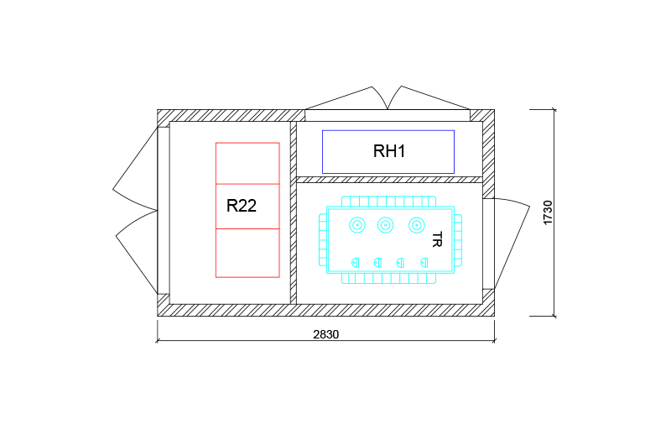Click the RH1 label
click(x=388, y=152)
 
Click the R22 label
click(x=242, y=205)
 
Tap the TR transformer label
click(x=436, y=239)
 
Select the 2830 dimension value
click(x=325, y=333)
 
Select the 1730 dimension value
click(x=548, y=212)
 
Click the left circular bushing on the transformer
click(x=357, y=225)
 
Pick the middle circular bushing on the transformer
click(x=386, y=225)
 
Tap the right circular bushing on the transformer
click(x=416, y=225)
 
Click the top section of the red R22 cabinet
click(x=247, y=163)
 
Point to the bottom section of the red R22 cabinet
click(x=247, y=253)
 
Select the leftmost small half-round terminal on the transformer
click(x=356, y=263)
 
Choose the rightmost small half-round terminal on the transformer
click(x=423, y=263)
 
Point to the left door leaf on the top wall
click(x=344, y=98)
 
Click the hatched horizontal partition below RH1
click(x=390, y=180)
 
